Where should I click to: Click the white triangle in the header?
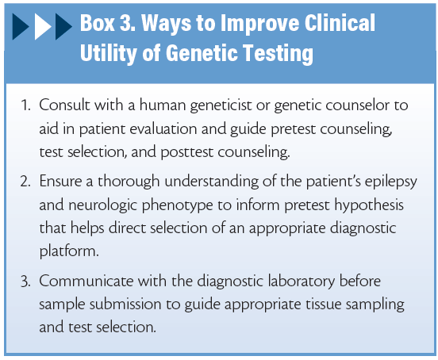click(41, 26)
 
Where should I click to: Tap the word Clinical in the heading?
click(340, 23)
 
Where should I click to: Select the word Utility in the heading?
click(109, 54)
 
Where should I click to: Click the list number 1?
click(25, 105)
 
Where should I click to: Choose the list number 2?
click(25, 182)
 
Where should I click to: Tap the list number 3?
click(25, 281)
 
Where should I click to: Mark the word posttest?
click(187, 153)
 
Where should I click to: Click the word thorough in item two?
click(129, 182)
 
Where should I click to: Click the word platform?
click(69, 251)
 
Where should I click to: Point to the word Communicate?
click(86, 281)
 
